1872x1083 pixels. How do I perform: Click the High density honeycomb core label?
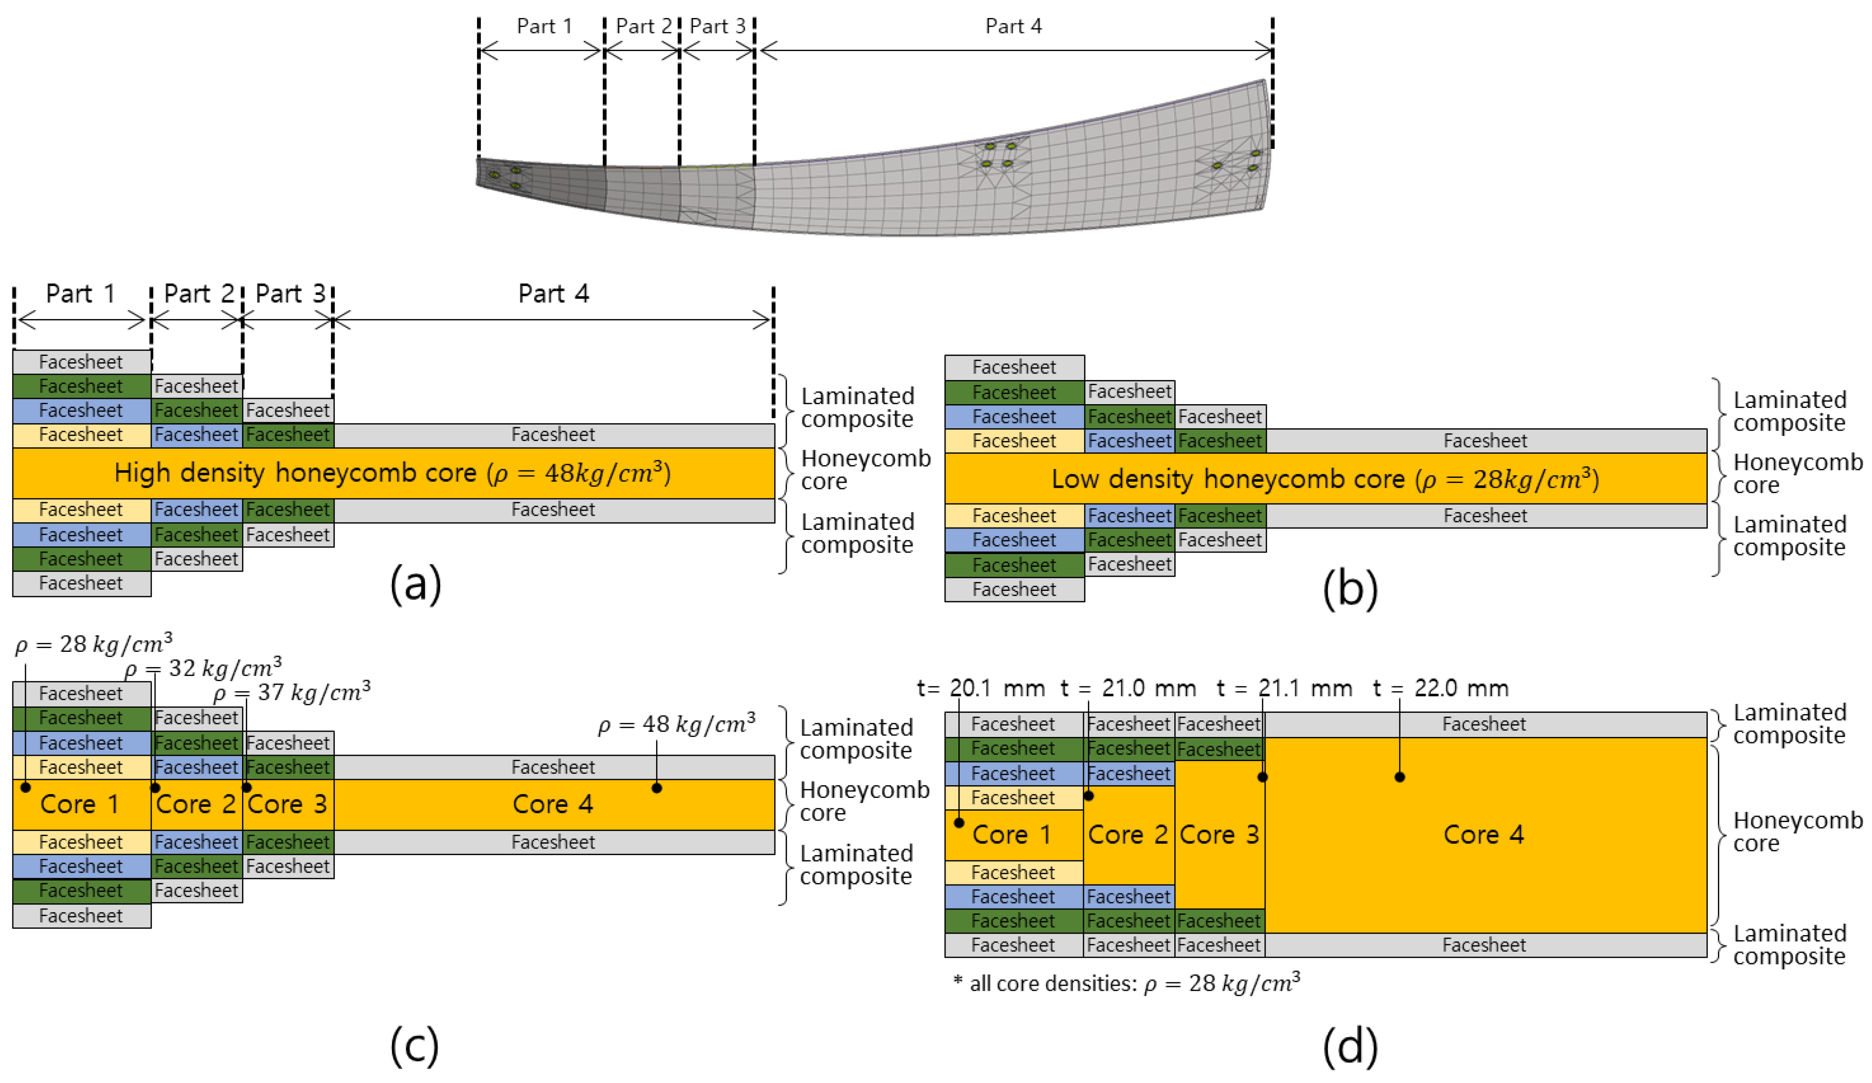[x=392, y=473]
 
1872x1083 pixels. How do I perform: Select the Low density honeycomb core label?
[x=1325, y=479]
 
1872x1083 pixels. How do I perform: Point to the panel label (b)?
[x=1350, y=589]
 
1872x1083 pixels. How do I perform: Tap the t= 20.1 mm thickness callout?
[x=980, y=689]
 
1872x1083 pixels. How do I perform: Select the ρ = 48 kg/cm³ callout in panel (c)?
[x=677, y=723]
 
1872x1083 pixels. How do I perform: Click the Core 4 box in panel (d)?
[x=1483, y=835]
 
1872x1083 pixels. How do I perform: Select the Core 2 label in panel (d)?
[x=1127, y=835]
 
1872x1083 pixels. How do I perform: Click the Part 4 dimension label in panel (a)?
[x=554, y=294]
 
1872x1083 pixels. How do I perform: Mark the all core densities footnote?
[x=1126, y=983]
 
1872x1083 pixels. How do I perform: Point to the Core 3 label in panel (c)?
[x=287, y=805]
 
